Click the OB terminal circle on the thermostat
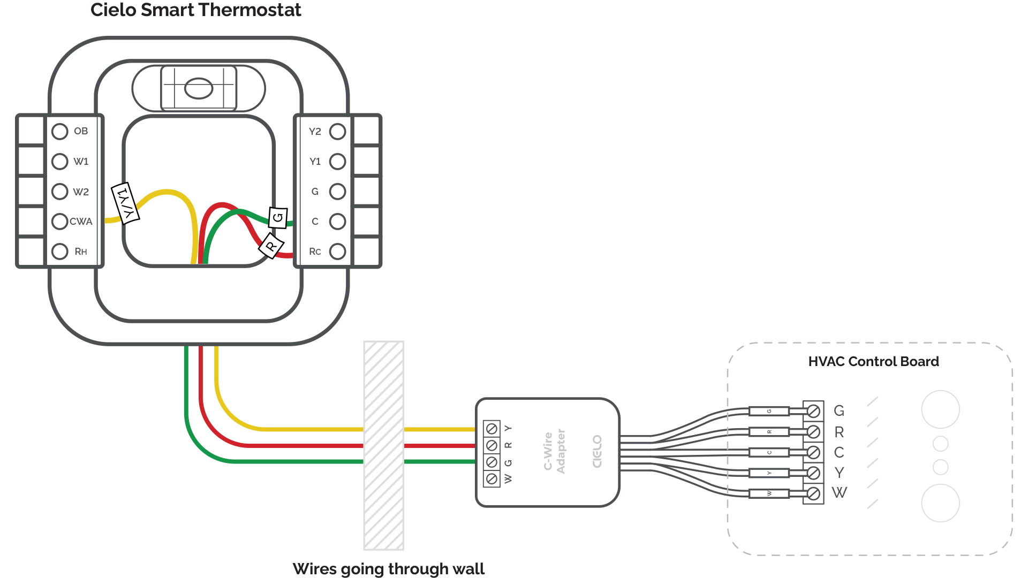[x=60, y=131]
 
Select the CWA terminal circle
[x=60, y=221]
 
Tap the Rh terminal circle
[x=60, y=251]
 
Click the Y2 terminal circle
[x=337, y=131]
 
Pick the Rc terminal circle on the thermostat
[x=337, y=251]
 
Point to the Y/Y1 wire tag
[x=125, y=203]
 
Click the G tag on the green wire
[x=278, y=217]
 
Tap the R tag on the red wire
[x=271, y=246]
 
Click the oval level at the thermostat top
[x=199, y=88]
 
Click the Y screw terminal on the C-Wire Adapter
[x=492, y=429]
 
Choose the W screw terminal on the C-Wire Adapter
[x=492, y=478]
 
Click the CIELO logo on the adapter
[x=598, y=451]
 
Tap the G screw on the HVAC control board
[x=813, y=411]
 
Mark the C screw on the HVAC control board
[x=813, y=452]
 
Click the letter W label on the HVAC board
[x=839, y=492]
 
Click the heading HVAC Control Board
[x=873, y=361]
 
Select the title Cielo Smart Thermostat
[x=195, y=10]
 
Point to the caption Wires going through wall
[x=388, y=568]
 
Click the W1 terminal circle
[x=60, y=161]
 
